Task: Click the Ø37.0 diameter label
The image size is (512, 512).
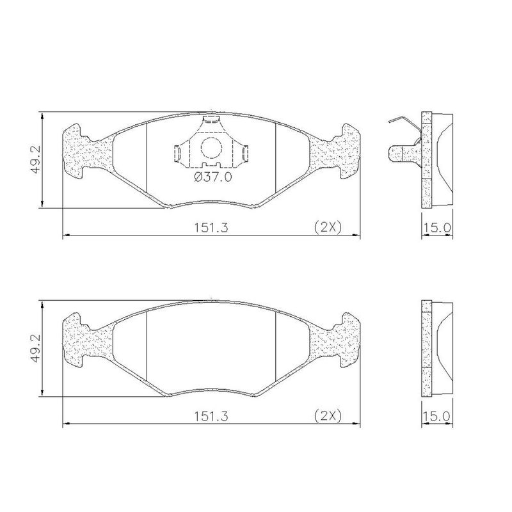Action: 213,177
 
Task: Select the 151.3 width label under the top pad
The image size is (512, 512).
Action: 211,227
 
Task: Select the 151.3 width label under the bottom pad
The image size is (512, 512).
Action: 211,416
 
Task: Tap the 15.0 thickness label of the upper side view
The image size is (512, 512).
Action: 437,227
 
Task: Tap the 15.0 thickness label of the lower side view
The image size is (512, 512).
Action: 437,416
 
